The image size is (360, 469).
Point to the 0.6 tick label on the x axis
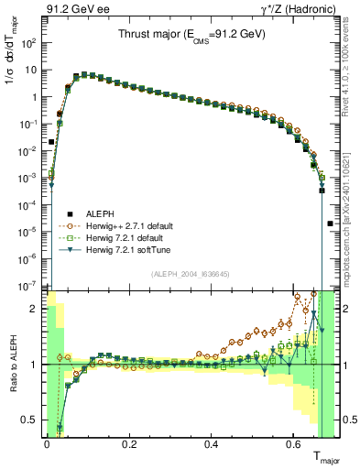point(293,447)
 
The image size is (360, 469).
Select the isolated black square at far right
point(331,224)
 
